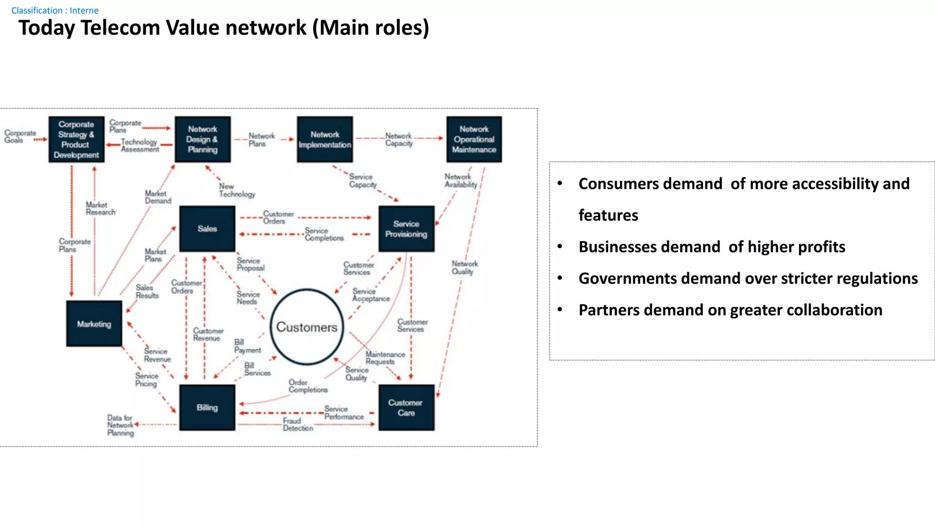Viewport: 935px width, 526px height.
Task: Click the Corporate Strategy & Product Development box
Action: point(76,139)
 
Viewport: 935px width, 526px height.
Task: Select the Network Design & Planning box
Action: point(203,139)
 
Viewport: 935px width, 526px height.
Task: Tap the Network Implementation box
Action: point(325,139)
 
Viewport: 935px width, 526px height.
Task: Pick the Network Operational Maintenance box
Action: point(474,139)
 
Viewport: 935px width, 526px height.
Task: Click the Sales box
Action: point(207,229)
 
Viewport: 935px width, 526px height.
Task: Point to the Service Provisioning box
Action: point(406,229)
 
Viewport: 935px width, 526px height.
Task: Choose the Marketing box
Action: point(94,324)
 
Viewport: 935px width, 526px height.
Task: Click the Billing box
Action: point(207,407)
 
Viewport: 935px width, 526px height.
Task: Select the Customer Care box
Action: point(406,407)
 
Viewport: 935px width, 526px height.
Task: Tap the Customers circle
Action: point(307,327)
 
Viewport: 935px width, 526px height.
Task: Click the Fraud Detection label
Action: point(298,424)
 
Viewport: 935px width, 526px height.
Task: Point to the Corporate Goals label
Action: point(20,136)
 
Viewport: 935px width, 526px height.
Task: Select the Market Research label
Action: point(100,208)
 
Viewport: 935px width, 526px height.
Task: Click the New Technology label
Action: point(236,190)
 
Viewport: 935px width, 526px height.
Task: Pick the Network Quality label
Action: point(465,267)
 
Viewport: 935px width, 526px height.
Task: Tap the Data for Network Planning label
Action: point(121,425)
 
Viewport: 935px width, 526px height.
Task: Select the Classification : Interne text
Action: point(55,10)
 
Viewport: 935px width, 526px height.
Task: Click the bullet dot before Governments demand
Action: point(560,278)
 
